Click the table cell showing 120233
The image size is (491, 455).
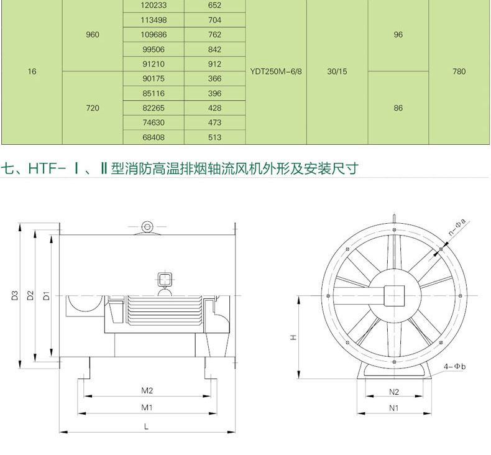pos(154,6)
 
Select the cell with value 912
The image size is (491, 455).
pos(215,64)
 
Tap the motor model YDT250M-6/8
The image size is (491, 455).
pos(276,71)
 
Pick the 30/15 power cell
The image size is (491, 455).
pos(337,71)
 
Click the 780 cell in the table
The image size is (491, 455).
pos(459,71)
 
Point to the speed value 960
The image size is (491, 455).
pos(93,34)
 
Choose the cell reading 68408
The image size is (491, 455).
pos(154,137)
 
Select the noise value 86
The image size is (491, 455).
pos(398,108)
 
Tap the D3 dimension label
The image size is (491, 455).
pos(15,295)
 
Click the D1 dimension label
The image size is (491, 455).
pos(47,295)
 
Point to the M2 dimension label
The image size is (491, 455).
pos(147,390)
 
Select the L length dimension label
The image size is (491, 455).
pos(146,426)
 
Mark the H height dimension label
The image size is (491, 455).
pos(293,338)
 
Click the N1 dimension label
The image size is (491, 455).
pos(393,408)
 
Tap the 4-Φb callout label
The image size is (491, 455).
pos(455,366)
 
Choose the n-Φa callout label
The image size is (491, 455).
pos(457,227)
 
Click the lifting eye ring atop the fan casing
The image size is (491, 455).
pos(147,227)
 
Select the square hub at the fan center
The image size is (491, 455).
pos(394,296)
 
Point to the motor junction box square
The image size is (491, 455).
pos(165,279)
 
